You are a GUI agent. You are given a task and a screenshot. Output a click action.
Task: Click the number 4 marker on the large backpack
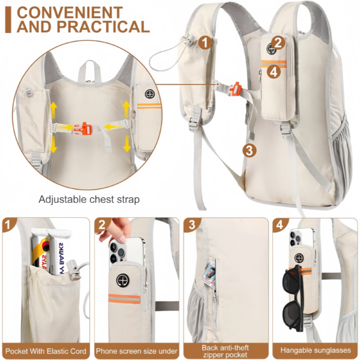click(x=274, y=71)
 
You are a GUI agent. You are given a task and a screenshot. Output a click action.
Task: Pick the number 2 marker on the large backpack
click(x=277, y=42)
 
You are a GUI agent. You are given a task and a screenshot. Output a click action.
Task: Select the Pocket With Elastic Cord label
click(x=46, y=350)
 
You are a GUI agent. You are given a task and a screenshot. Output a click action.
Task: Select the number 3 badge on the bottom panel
click(x=192, y=226)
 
